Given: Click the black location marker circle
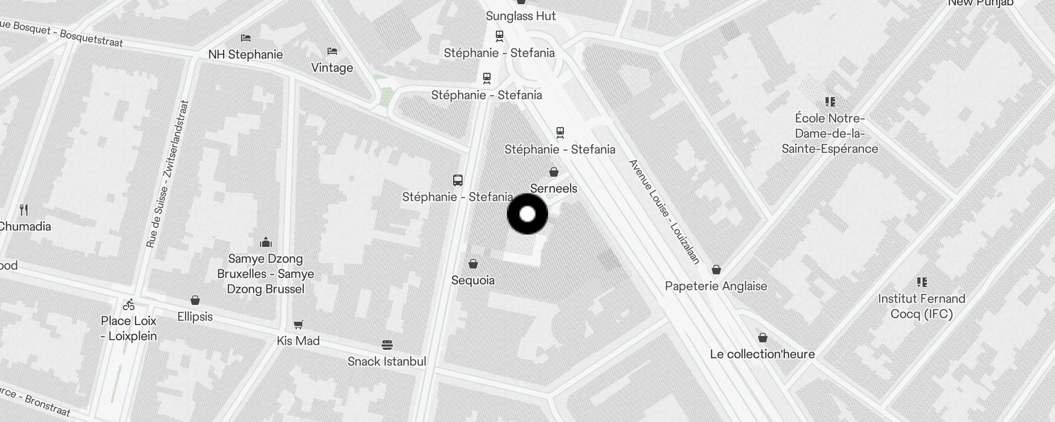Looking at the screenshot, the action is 527,214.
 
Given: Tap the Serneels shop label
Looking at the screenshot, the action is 553,188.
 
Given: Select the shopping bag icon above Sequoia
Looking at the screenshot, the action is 473,264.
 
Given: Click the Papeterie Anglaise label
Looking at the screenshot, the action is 716,286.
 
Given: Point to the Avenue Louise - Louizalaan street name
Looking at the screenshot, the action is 665,211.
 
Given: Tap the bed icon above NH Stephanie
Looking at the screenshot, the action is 246,38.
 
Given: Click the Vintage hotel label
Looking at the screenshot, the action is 332,68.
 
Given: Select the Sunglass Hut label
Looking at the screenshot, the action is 521,16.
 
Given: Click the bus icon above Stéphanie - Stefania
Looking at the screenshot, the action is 458,180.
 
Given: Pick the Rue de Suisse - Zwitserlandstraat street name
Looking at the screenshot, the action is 167,174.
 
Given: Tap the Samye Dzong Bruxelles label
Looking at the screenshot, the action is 265,274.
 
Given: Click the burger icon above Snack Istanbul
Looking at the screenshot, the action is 387,345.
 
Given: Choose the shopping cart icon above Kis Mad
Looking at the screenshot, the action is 299,324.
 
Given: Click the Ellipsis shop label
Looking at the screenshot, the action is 195,316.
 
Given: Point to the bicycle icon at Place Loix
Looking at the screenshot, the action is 129,305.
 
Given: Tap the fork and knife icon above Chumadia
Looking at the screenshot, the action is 24,210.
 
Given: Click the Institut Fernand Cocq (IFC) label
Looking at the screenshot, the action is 922,306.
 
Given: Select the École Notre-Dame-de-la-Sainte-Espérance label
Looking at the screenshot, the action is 830,133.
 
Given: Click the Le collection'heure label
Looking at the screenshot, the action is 762,354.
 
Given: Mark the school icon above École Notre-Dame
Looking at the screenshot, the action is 830,102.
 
